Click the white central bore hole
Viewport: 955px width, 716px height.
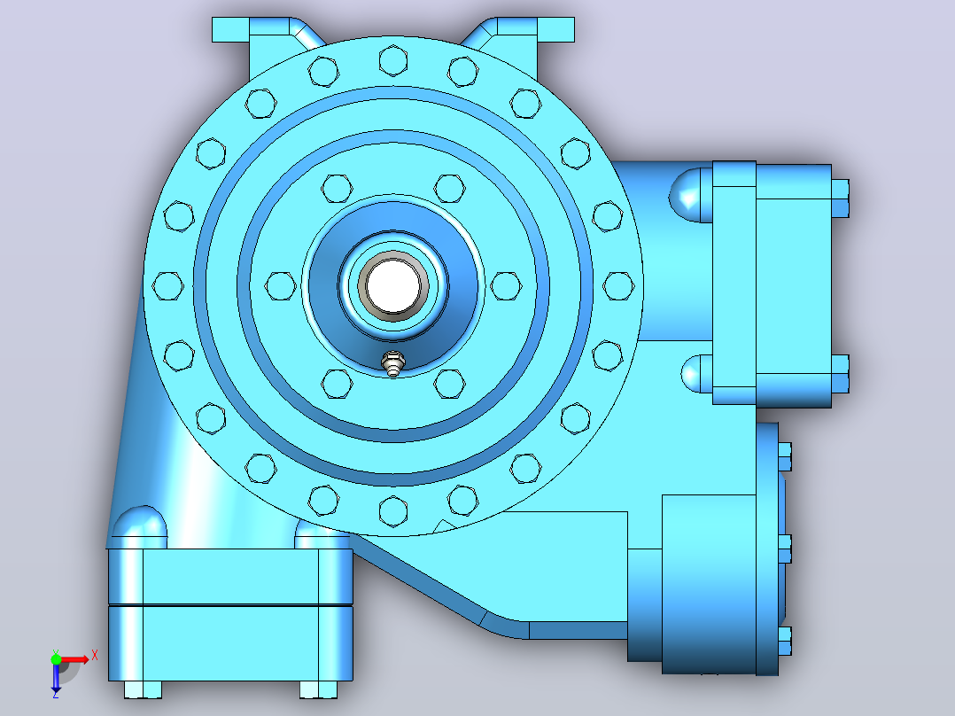(393, 286)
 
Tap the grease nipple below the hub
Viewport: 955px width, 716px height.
(392, 364)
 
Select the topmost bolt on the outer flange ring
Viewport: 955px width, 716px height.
(393, 59)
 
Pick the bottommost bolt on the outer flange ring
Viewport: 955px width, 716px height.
(393, 510)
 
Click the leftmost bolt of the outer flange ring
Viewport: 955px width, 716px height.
(167, 286)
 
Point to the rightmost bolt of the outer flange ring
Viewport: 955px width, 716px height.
(618, 286)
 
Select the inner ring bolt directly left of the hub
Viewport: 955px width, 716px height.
(280, 286)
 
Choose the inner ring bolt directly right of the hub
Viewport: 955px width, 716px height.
(506, 286)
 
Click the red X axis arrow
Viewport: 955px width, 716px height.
(75, 659)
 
